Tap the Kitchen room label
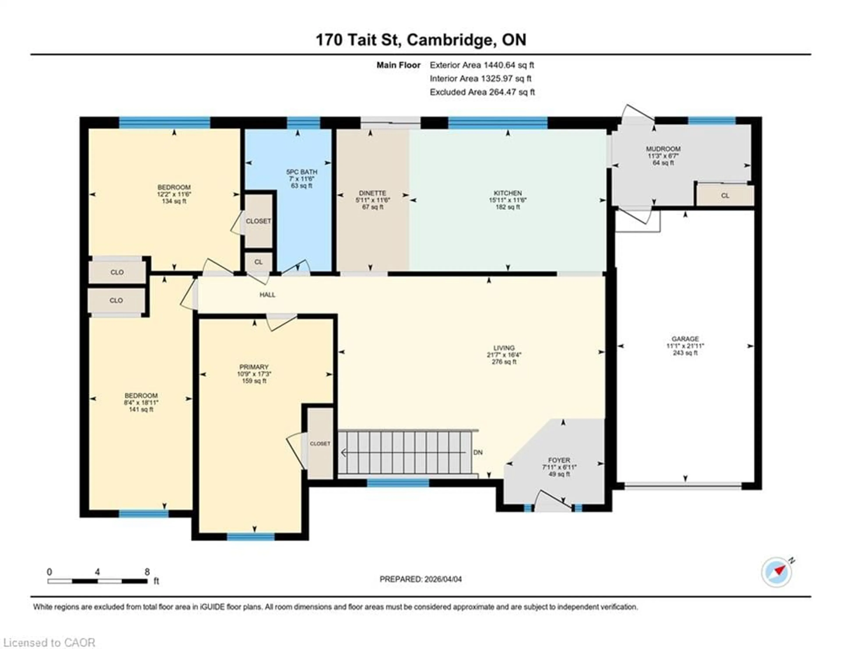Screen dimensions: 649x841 [x=507, y=193]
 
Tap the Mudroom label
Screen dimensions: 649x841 [x=663, y=149]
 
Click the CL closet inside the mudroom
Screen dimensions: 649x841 [x=725, y=196]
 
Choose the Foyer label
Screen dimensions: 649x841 [x=559, y=460]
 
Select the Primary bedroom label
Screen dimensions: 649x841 [x=254, y=367]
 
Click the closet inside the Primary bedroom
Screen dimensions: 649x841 [x=320, y=443]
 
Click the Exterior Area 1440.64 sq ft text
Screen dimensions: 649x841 [x=482, y=65]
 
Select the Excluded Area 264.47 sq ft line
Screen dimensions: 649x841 [x=482, y=92]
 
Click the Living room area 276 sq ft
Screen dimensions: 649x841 [x=504, y=362]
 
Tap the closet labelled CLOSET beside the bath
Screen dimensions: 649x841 [x=258, y=221]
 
